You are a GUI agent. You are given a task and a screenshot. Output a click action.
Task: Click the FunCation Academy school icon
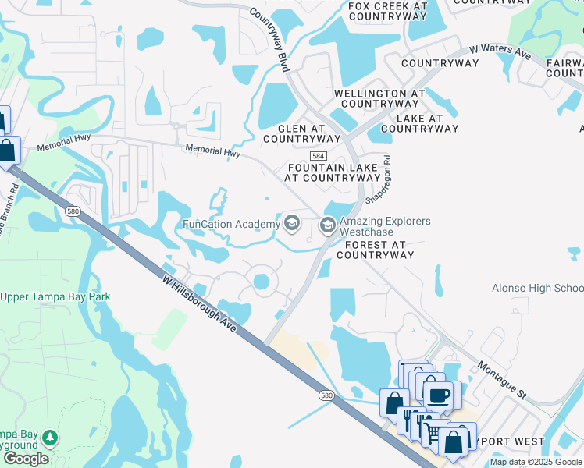[x=292, y=225]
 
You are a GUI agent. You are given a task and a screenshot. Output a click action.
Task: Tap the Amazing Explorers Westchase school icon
[x=328, y=226]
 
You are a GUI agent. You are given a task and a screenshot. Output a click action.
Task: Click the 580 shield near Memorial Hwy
[x=73, y=211]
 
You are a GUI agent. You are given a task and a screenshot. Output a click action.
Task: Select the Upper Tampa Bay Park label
[x=55, y=296]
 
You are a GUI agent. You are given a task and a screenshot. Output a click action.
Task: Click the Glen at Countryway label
[x=301, y=133]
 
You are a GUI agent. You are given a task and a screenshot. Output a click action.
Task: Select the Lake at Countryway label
[x=419, y=123]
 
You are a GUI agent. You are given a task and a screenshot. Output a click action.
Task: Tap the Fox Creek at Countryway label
[x=388, y=11]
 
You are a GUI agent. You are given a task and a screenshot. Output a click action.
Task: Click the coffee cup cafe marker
[x=438, y=395]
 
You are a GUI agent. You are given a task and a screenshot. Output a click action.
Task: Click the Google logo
[x=26, y=459]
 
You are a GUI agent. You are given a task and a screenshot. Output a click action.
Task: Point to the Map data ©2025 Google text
[x=536, y=462]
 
